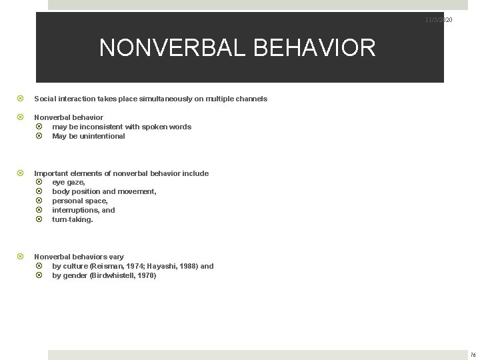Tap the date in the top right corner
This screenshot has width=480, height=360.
[439, 21]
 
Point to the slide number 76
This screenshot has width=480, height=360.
[472, 355]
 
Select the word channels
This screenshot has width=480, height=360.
[249, 99]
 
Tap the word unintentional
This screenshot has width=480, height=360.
[99, 136]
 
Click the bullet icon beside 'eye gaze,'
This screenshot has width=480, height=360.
[39, 182]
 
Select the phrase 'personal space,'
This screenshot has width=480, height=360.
[79, 201]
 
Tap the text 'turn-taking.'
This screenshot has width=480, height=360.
[73, 219]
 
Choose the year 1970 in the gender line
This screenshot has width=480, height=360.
[147, 275]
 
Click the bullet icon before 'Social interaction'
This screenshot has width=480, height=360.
[21, 99]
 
